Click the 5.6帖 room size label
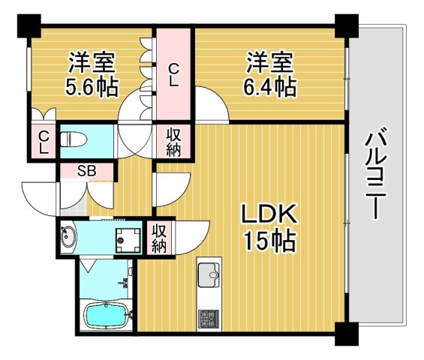(x=92, y=87)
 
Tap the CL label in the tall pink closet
(x=173, y=76)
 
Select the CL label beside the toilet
(x=44, y=142)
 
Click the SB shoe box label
(x=88, y=170)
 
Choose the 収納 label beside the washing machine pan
(x=159, y=237)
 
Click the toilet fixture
(x=71, y=139)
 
